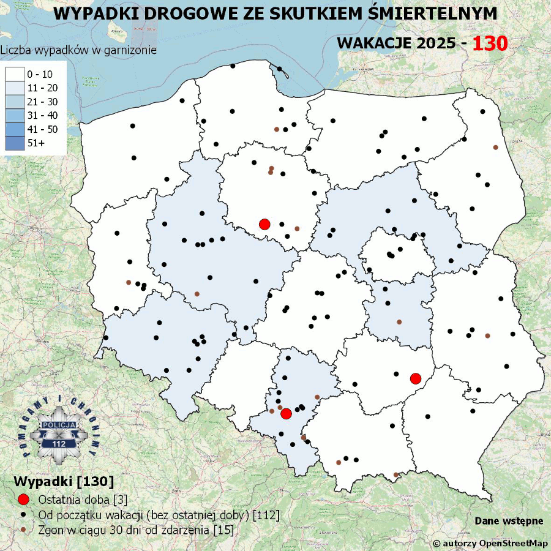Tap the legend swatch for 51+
pos(16,143)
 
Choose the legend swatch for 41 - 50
pos(16,129)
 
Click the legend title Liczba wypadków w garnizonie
pos(78,50)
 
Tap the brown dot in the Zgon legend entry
pos(24,530)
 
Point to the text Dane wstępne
pos(509,521)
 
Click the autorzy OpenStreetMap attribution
pos(490,543)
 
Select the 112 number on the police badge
pos(59,443)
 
